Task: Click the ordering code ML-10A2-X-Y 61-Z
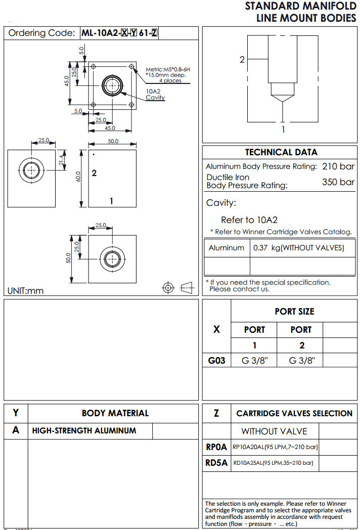tap(120, 33)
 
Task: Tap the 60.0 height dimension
tap(78, 178)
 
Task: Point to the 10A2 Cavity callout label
tap(155, 94)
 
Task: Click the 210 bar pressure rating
tap(338, 166)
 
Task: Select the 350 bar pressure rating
tap(338, 182)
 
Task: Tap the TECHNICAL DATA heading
tap(281, 152)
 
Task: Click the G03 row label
tap(216, 361)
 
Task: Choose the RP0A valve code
tap(216, 447)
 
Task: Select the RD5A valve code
tap(216, 463)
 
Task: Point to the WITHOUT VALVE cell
tap(274, 431)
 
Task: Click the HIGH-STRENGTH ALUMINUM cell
tap(84, 431)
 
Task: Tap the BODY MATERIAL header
tap(115, 413)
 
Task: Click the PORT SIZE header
tap(294, 312)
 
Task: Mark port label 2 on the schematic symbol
tap(242, 60)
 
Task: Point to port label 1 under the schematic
tap(283, 129)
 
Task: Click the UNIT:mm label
tap(25, 291)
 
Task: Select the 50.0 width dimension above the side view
tap(112, 142)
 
